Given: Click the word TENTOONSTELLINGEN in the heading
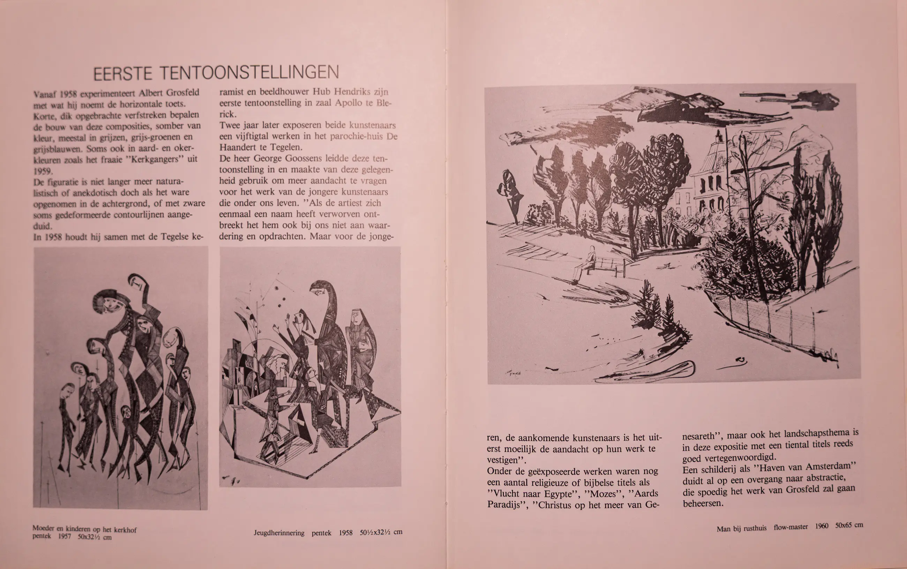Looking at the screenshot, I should pyautogui.click(x=249, y=72).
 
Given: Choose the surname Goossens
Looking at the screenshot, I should pyautogui.click(x=299, y=158).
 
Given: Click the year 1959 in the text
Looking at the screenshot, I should pyautogui.click(x=43, y=171).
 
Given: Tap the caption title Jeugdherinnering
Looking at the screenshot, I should pyautogui.click(x=279, y=533).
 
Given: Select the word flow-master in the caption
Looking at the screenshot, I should pyautogui.click(x=790, y=527).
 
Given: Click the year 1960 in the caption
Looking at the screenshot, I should pyautogui.click(x=822, y=526).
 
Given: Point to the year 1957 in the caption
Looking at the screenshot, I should pyautogui.click(x=64, y=537).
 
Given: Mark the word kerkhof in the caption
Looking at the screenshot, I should pyautogui.click(x=125, y=530).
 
